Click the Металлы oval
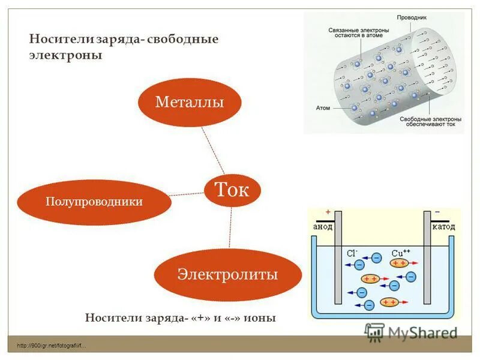190,101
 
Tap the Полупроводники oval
94,202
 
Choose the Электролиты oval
227,274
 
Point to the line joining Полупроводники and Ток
187,194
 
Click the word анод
323,227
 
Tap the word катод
443,227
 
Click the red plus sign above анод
328,212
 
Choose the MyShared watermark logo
411,332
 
